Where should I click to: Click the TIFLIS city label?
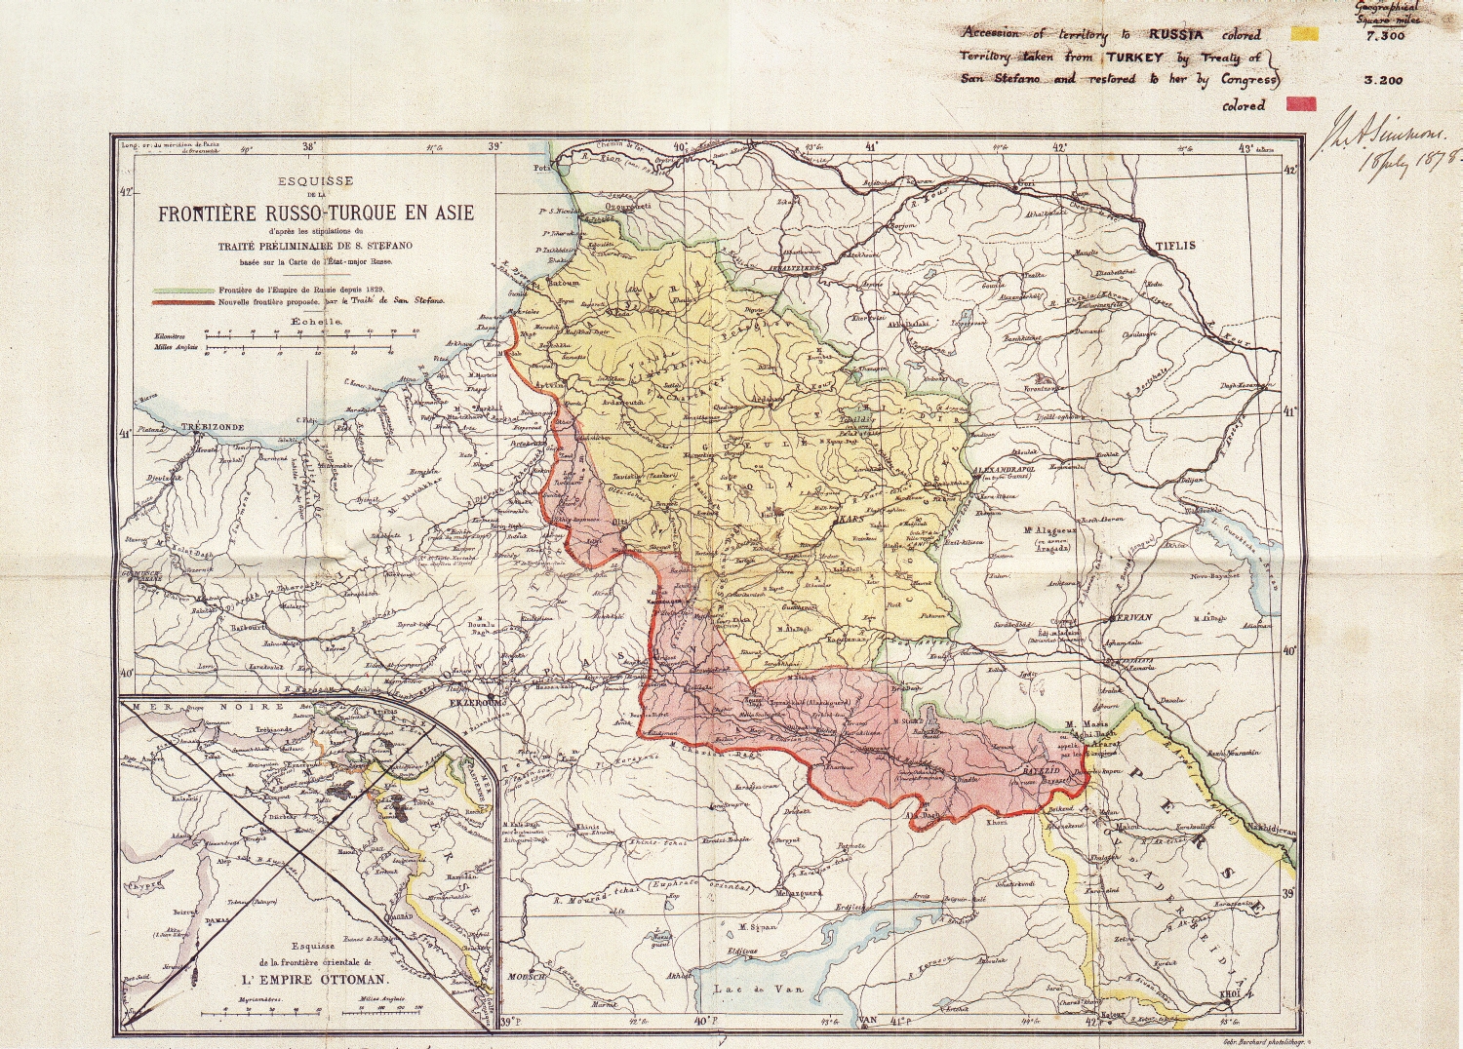[x=1175, y=246]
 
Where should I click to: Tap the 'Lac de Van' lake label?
[x=757, y=990]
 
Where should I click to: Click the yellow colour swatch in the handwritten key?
[x=1304, y=34]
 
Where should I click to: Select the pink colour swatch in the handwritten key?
[x=1302, y=104]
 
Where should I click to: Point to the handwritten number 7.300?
[x=1385, y=36]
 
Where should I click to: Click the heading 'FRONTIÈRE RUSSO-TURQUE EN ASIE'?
[x=316, y=214]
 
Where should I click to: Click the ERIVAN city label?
[x=1131, y=617]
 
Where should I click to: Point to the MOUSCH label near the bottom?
[x=523, y=977]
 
